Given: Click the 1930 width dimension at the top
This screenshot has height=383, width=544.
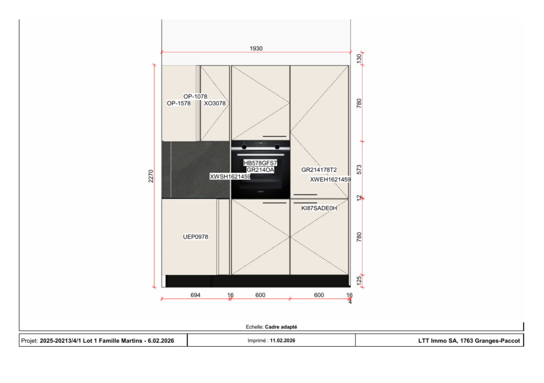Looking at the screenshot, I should [x=256, y=48].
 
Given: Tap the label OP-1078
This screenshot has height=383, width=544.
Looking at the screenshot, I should [x=195, y=97].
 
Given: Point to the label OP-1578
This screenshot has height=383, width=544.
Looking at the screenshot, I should [x=179, y=103].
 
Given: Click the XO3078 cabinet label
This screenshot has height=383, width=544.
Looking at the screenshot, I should [x=215, y=103].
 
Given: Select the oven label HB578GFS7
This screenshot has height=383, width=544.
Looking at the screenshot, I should [x=260, y=163].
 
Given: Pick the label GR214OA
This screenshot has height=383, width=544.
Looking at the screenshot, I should [x=260, y=170].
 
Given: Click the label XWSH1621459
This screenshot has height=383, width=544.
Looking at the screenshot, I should [x=230, y=177].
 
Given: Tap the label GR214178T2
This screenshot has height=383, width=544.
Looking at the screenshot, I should [x=319, y=170].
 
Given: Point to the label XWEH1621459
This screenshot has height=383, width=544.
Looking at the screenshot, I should [x=330, y=180].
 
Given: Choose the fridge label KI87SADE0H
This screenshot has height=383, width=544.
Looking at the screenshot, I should [x=319, y=208].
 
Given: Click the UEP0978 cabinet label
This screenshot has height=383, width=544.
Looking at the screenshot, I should [x=196, y=237].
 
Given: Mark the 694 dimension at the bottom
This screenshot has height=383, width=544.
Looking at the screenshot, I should [x=196, y=295].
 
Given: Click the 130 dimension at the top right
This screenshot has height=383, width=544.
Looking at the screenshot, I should [x=359, y=58].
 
